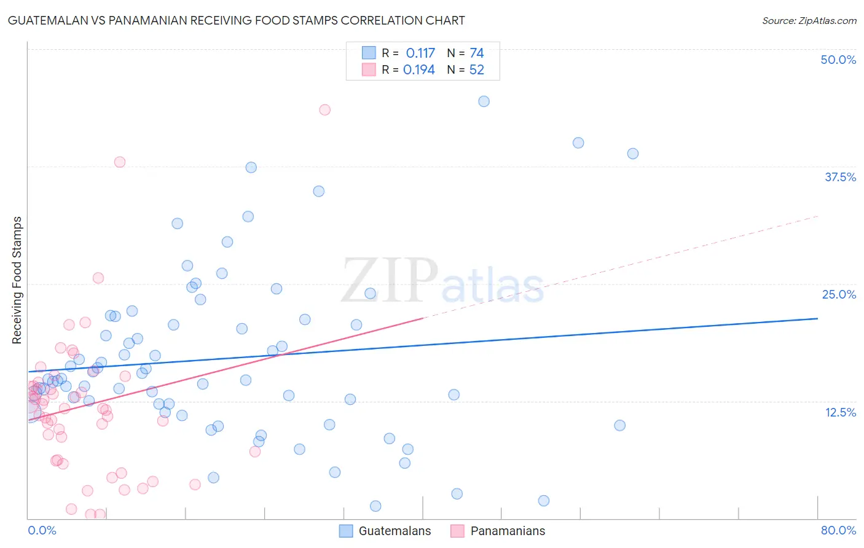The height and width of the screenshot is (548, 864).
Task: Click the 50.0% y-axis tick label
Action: tap(838, 60)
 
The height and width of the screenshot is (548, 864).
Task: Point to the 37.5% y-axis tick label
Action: tap(839, 177)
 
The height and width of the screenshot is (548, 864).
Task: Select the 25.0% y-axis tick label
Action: tap(839, 294)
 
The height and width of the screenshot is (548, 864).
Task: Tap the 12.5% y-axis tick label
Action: tap(840, 412)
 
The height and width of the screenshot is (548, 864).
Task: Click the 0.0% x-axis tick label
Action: tap(42, 530)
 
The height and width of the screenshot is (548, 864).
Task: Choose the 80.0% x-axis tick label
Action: tap(838, 530)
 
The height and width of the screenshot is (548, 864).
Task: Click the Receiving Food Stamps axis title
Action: tap(17, 280)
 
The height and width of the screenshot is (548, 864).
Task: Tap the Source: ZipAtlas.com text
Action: tap(809, 20)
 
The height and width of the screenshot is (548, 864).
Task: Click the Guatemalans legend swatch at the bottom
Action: tap(346, 531)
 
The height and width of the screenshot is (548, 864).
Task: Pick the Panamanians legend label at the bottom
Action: tap(508, 531)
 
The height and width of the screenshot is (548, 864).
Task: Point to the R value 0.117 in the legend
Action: tap(420, 53)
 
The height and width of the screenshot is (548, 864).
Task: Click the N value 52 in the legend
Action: tap(476, 70)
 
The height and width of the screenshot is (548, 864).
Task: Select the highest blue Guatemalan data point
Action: tap(484, 101)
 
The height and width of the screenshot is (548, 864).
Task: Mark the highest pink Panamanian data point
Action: tap(324, 109)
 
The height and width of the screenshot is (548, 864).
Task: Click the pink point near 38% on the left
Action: tap(120, 162)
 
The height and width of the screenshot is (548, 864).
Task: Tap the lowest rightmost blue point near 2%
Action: tap(543, 501)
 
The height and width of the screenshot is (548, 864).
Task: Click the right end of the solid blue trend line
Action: tap(817, 318)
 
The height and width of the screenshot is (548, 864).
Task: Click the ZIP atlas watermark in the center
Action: tap(442, 281)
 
